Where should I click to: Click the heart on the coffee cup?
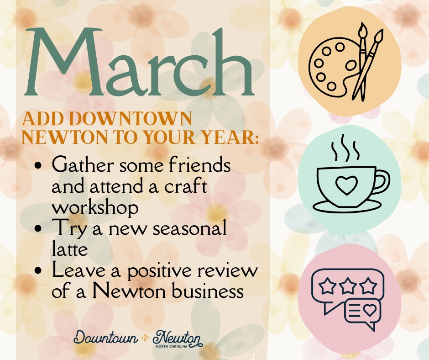point(347,185)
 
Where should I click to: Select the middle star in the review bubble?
point(348,286)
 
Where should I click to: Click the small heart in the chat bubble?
point(370,310)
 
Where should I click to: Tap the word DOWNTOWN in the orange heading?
point(132,119)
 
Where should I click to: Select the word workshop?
point(95,208)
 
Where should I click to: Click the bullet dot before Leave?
point(38,270)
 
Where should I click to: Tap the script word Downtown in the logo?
point(105,338)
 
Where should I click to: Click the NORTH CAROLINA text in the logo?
point(172,346)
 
